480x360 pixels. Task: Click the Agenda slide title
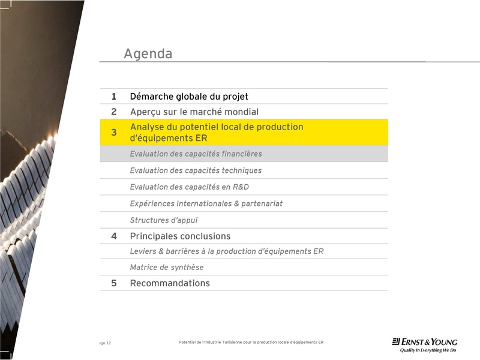[148, 54]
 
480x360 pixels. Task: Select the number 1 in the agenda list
[113, 97]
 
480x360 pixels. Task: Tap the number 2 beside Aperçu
[113, 112]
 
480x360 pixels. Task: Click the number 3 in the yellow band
[113, 133]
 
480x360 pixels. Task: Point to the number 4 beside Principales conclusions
[113, 236]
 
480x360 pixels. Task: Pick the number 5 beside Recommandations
[113, 283]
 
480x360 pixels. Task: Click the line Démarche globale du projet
[189, 97]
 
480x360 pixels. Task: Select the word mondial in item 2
[241, 112]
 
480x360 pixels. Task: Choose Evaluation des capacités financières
[196, 154]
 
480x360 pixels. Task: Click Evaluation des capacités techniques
[196, 170]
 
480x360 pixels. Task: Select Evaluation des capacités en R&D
[189, 187]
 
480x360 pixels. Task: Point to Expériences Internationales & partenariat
[206, 203]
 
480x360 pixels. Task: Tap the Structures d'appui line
[163, 220]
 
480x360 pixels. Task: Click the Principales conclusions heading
[180, 236]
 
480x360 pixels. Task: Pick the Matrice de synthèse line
[167, 268]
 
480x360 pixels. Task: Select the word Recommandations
[170, 283]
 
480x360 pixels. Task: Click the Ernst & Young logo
[424, 341]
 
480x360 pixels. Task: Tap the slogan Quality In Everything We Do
[428, 350]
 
